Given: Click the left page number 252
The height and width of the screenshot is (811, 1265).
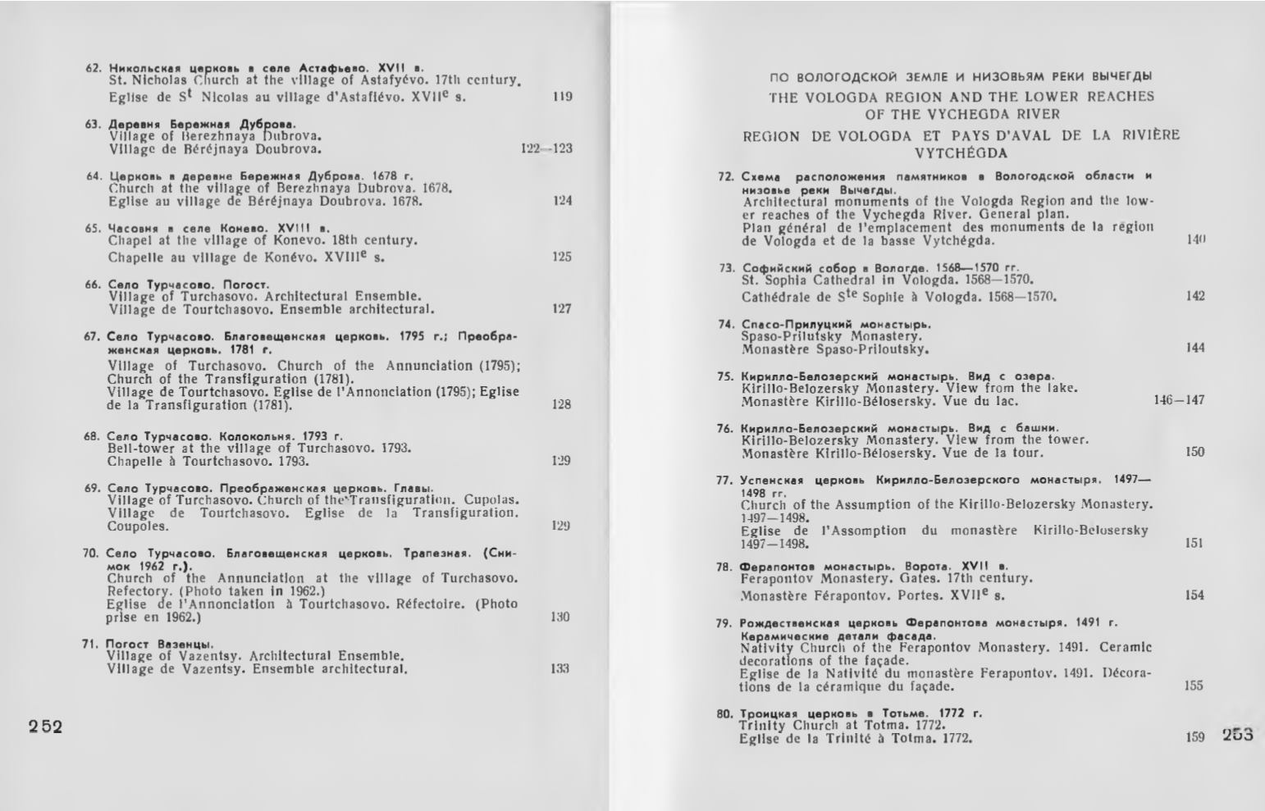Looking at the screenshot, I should [45, 727].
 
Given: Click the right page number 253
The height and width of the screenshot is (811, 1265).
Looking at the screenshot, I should [1237, 735].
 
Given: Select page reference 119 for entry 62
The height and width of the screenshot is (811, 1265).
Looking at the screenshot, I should [562, 97].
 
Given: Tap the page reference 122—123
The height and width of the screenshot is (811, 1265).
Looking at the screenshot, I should [546, 148].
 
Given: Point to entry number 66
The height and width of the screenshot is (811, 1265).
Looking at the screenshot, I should [92, 285].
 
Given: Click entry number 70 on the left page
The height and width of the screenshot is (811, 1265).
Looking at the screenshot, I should [91, 554].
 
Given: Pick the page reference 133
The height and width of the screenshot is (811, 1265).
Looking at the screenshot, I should [560, 668].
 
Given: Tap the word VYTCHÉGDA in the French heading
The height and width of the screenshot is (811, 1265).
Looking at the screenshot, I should [961, 153].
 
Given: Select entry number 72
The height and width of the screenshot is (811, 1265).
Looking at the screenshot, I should [724, 176].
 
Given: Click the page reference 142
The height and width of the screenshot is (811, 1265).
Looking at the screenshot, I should [1194, 296].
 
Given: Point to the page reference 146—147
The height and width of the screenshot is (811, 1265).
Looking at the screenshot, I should [1179, 400].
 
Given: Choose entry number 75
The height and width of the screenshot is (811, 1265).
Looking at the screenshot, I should [724, 376].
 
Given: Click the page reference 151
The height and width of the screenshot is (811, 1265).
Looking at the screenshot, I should [1194, 543].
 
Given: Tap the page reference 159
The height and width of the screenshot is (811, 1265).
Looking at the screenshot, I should [1194, 737].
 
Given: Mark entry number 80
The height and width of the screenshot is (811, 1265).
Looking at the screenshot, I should [724, 713].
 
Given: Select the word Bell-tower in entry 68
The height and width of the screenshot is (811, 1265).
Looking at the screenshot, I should [136, 448].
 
